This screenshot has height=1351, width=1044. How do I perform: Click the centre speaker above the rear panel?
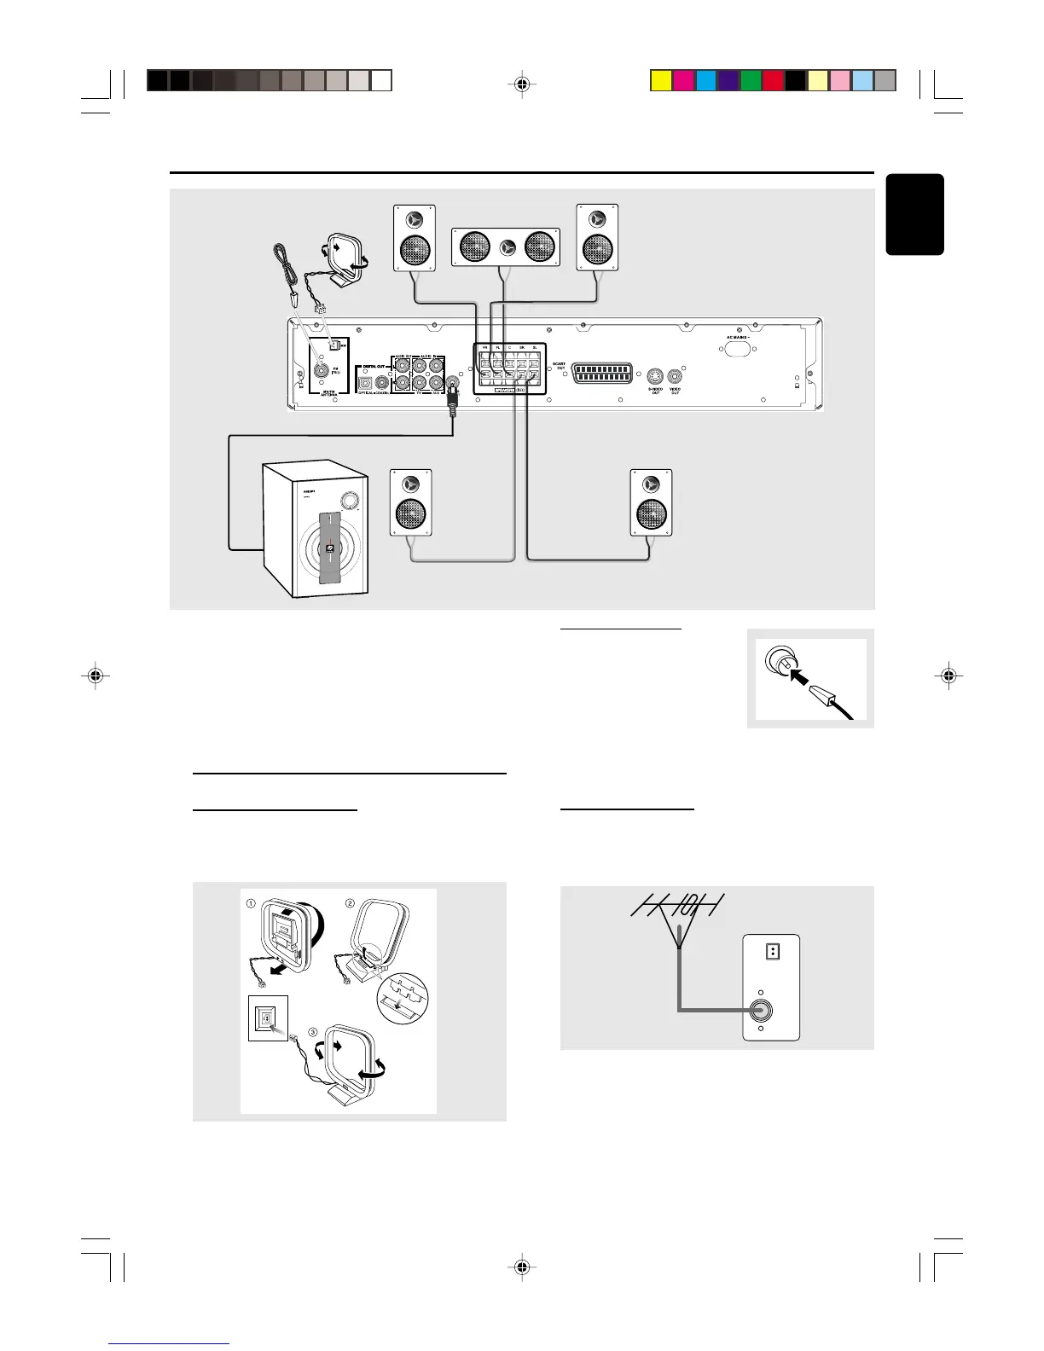(x=505, y=247)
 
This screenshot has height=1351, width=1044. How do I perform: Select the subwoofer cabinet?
(x=316, y=529)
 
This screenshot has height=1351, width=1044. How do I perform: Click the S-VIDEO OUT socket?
(x=655, y=375)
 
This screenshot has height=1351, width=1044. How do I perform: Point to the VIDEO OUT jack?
(x=675, y=375)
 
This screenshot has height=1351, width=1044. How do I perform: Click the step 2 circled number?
(x=350, y=903)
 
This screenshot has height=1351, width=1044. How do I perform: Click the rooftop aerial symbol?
(x=678, y=913)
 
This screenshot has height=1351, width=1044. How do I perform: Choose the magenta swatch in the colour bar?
(x=682, y=80)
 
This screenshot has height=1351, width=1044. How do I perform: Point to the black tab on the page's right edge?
(x=915, y=214)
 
